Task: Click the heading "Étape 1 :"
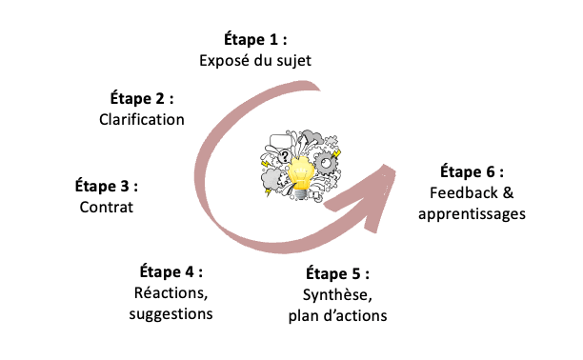click(254, 40)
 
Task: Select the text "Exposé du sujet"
click(254, 61)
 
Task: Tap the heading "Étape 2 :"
click(142, 98)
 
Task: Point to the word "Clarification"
click(142, 119)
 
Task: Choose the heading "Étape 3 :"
click(106, 185)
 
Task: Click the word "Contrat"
click(106, 206)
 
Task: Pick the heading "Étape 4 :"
click(171, 271)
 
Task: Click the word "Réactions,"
click(171, 292)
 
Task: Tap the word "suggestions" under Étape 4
click(171, 313)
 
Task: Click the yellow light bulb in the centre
click(301, 171)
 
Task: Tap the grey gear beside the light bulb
click(328, 164)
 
